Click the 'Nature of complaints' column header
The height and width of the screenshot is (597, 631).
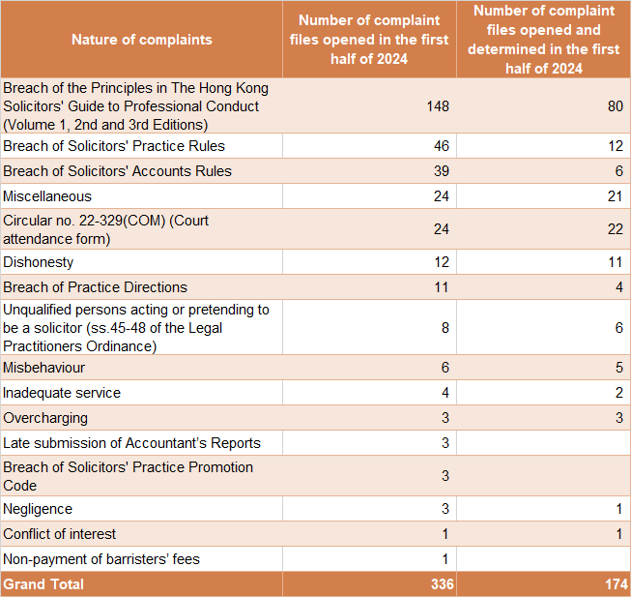click(x=141, y=40)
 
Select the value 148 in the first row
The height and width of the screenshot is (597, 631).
click(x=437, y=105)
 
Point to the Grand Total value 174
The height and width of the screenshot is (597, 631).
click(x=611, y=584)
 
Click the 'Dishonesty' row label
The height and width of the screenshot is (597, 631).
click(x=39, y=262)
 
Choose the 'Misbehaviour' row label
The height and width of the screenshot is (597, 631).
click(x=43, y=368)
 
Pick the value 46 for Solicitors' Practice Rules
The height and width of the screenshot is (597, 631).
click(x=441, y=146)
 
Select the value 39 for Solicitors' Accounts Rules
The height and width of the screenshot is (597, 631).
click(x=441, y=171)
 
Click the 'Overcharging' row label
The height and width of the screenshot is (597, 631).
click(x=45, y=418)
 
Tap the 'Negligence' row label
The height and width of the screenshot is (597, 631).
click(x=38, y=509)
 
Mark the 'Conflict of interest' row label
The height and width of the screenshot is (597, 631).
click(x=60, y=534)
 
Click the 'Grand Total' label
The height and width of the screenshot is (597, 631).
click(x=43, y=584)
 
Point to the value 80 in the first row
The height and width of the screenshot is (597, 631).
click(x=615, y=105)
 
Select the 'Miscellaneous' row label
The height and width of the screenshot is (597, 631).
click(x=47, y=196)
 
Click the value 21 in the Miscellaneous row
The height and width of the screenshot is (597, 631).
click(x=615, y=196)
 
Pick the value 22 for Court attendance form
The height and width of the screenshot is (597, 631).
click(x=615, y=229)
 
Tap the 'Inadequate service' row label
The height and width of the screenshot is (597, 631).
click(x=62, y=393)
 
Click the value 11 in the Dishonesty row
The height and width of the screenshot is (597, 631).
click(x=615, y=262)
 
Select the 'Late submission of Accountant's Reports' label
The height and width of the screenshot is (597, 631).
click(x=131, y=443)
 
